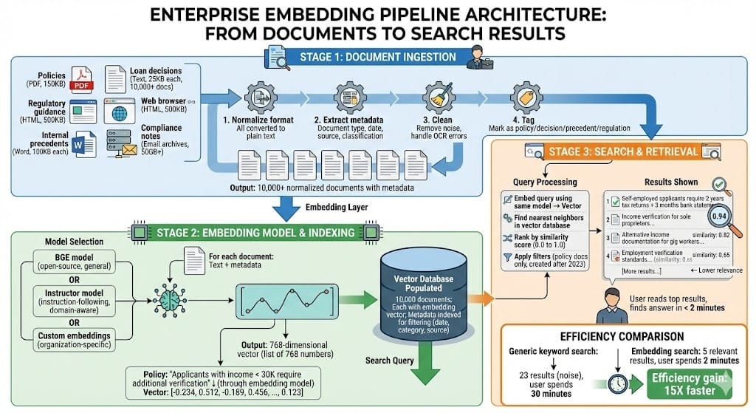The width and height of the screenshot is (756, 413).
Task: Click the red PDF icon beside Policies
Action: [80, 78]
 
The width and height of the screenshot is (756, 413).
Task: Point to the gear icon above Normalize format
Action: [255, 97]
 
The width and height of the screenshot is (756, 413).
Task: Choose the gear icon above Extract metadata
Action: [349, 97]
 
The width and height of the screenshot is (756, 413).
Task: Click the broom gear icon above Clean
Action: [437, 97]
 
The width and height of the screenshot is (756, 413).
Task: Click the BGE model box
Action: [70, 261]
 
